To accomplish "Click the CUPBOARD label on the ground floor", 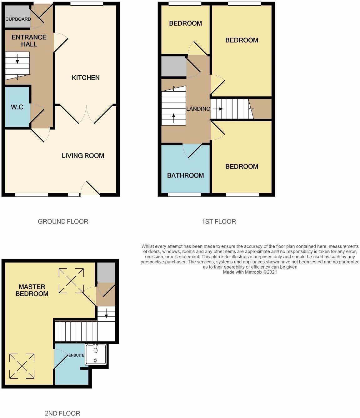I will pos(18,19).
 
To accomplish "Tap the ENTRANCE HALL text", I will pos(29,41).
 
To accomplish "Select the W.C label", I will pos(17,107).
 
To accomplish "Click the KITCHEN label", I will pos(86,78).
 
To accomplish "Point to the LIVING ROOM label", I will pos(83,156).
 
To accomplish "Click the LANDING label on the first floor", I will pos(198,109).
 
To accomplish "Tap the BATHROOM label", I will pos(185,175).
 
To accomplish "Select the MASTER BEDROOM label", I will pos(32,290).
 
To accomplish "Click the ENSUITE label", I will pos(76,355).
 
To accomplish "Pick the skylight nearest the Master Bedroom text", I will pos(71,281).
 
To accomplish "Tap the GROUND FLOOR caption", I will pos(63,222).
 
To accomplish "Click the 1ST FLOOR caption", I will pos(219,222).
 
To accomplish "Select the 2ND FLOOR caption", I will pos(62,413).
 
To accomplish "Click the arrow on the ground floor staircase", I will pos(17,59).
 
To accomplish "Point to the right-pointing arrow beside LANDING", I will pos(220,109).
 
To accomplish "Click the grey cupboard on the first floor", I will pos(174,66).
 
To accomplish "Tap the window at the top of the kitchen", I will pos(87,4).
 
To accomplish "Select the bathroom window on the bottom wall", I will pos(184,195).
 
